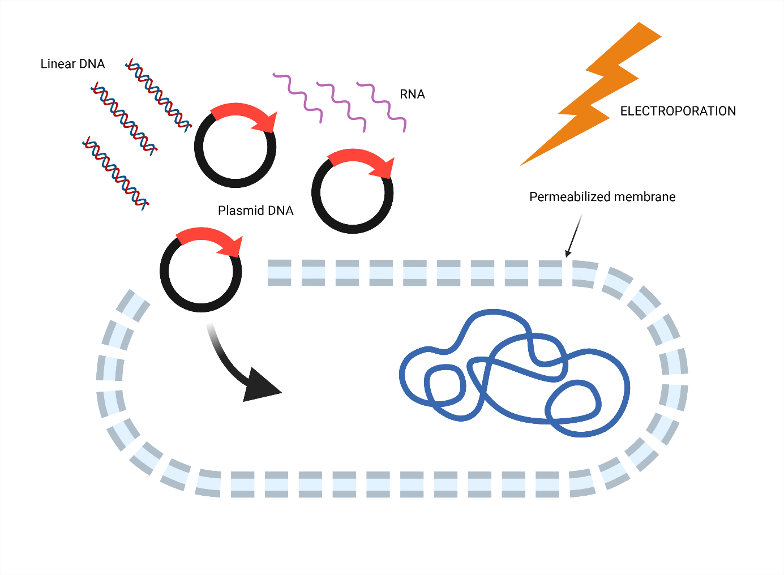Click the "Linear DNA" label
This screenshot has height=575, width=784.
point(72,64)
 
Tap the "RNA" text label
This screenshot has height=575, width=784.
point(412,95)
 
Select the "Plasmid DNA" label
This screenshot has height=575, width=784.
point(255,211)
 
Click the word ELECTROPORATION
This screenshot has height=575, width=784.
point(678,111)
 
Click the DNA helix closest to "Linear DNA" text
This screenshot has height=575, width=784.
point(158,95)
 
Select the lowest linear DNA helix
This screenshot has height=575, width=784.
point(115,173)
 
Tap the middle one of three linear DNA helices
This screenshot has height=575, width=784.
point(123,118)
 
